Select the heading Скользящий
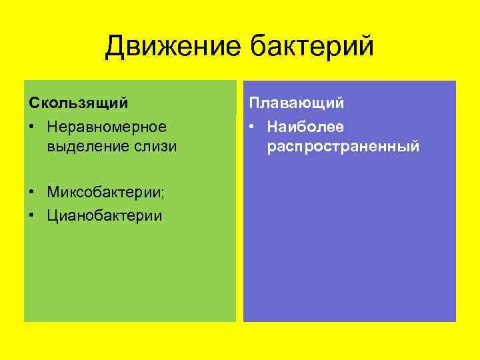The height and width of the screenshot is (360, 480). click(79, 103)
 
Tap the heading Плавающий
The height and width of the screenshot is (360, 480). click(297, 103)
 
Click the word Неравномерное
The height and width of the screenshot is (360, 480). click(107, 126)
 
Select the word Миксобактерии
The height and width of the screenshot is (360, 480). click(103, 193)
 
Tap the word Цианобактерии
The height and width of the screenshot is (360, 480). click(104, 216)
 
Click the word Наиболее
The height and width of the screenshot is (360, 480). click(305, 126)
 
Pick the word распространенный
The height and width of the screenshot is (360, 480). click(343, 146)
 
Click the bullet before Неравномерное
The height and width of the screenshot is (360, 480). click(32, 127)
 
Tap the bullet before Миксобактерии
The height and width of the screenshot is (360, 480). click(32, 193)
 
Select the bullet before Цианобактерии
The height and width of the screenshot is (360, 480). click(32, 217)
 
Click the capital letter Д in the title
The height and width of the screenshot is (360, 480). click(115, 47)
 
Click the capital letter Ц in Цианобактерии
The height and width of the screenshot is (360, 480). click(53, 216)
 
